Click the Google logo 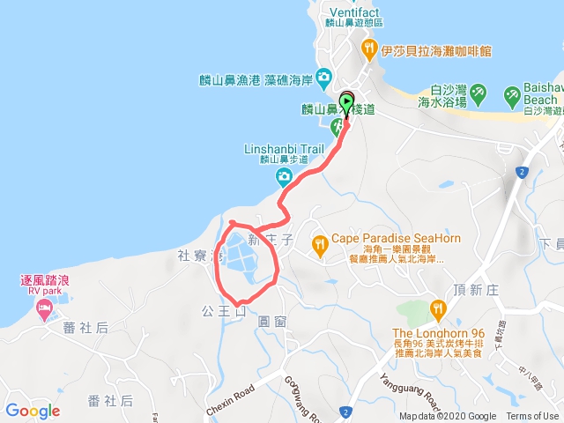(33, 411)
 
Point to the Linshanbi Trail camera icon (284, 178)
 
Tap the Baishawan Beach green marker (512, 94)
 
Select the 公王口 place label (219, 310)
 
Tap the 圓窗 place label (272, 322)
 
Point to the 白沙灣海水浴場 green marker (477, 92)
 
